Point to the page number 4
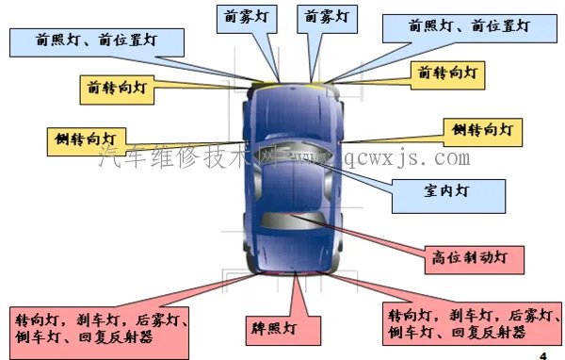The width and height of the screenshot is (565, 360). coord(543,353)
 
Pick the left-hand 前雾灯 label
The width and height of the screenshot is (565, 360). coord(245,17)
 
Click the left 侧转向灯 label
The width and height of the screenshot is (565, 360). coord(87,139)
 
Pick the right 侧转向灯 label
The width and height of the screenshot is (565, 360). coord(480,129)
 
